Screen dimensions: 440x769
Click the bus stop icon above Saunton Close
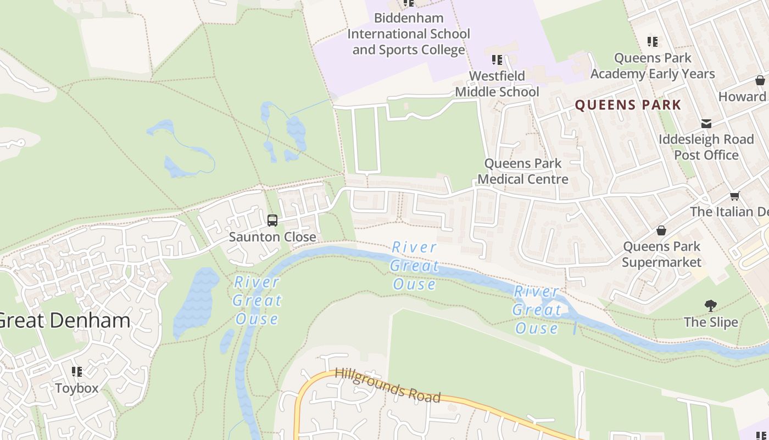click(272, 221)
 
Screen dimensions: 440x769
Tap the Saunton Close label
click(272, 237)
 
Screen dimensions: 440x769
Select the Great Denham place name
click(64, 320)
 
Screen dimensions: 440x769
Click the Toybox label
click(77, 388)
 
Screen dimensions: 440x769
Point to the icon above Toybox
click(77, 372)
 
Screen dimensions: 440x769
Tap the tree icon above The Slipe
click(711, 306)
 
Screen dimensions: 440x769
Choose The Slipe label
click(711, 322)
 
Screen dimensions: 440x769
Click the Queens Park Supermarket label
click(661, 254)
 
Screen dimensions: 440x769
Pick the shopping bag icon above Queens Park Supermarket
click(661, 230)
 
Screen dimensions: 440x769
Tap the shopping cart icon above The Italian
click(734, 196)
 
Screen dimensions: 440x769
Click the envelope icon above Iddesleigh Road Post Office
click(706, 124)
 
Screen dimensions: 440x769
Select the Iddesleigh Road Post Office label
click(706, 147)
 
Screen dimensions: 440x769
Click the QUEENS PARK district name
click(628, 105)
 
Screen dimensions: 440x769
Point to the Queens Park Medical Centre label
click(523, 171)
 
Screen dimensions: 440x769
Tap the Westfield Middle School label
click(497, 84)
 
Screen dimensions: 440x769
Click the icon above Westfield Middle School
click(497, 59)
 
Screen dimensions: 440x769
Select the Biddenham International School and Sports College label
click(409, 34)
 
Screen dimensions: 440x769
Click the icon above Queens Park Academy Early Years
click(653, 41)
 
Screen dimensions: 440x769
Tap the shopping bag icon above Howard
click(760, 80)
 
